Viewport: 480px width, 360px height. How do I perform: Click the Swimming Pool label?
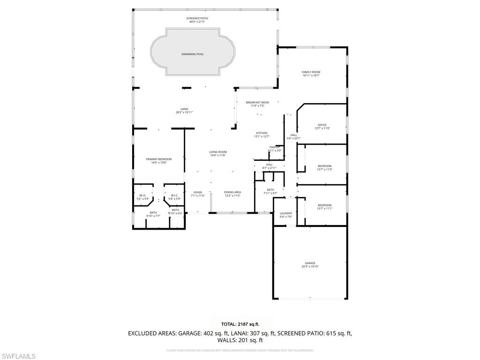193,54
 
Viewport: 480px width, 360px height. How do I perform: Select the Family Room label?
311,72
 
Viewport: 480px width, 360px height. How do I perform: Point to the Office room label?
322,125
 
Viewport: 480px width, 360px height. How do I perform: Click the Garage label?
310,263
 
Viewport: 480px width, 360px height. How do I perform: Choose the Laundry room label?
286,213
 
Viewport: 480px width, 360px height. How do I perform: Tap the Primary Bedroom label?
158,159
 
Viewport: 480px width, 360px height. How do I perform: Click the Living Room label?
218,152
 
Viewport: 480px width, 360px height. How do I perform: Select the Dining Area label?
232,192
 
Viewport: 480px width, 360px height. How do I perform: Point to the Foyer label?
198,192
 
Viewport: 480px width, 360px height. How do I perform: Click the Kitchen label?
262,133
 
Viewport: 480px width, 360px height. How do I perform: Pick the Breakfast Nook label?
257,102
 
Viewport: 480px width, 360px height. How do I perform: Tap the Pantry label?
275,147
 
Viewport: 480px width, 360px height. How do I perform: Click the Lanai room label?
184,109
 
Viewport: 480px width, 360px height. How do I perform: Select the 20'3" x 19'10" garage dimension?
310,267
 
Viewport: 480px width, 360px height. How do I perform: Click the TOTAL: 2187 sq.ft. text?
240,324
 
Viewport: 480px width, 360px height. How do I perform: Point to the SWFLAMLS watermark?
18,356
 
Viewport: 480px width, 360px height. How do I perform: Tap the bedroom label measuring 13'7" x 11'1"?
324,205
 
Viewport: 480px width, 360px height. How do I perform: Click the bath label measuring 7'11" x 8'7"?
270,189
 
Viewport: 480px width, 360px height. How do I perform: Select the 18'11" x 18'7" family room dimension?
311,75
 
